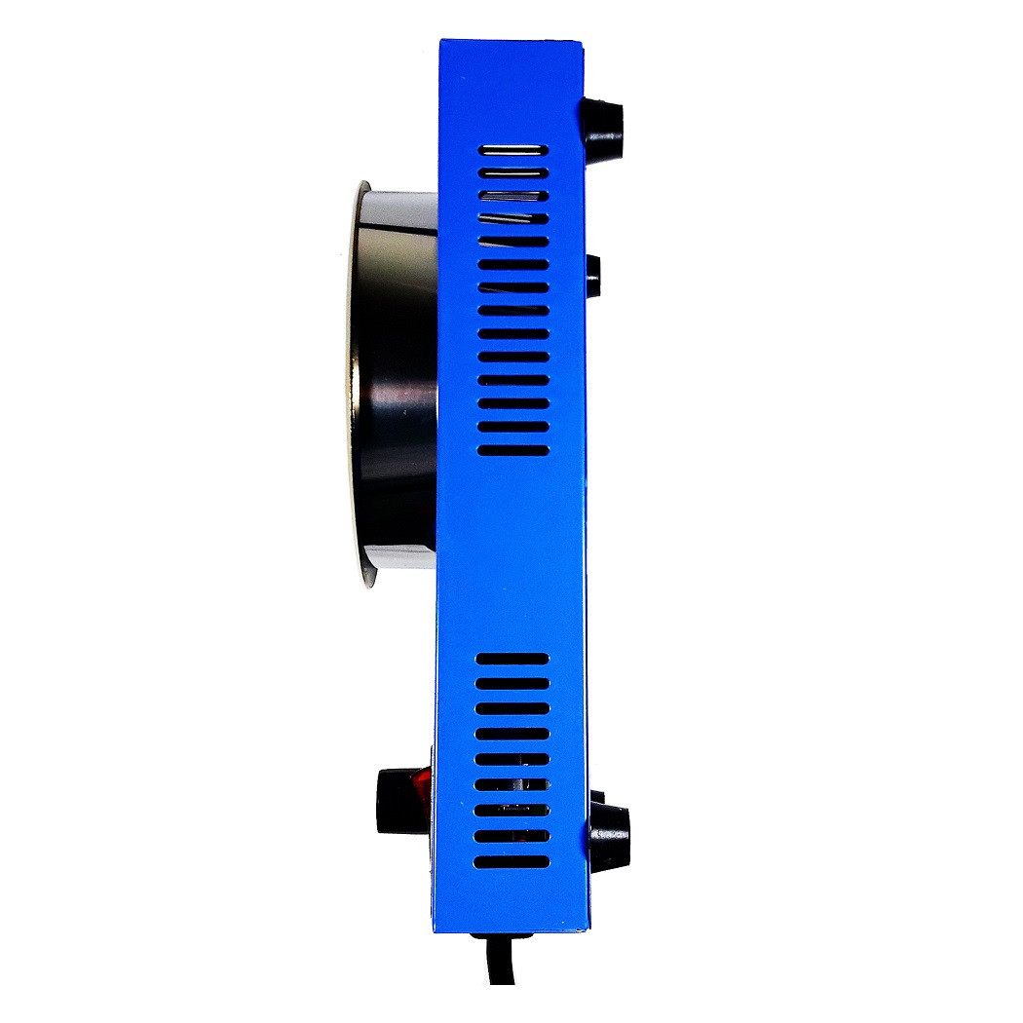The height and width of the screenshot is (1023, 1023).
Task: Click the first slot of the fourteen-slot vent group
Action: tap(512, 150)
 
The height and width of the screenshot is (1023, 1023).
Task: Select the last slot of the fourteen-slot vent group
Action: tap(512, 450)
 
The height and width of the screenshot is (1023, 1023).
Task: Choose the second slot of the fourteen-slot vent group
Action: tap(512, 172)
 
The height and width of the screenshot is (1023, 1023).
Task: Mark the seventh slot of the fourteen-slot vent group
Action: tap(512, 287)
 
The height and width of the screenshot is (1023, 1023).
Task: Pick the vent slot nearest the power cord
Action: tap(512, 862)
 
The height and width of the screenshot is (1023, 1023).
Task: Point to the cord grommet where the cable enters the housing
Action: tap(503, 938)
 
